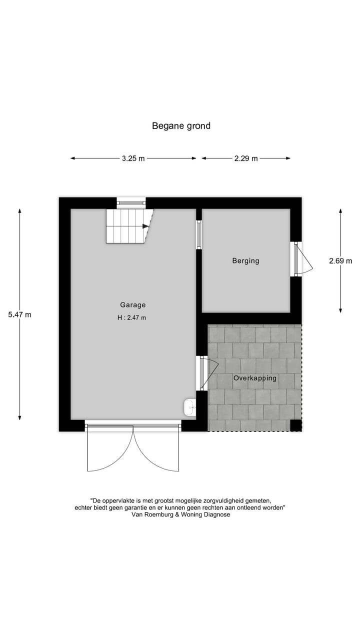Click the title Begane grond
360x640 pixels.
pos(181,126)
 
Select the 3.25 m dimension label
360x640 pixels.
pos(133,158)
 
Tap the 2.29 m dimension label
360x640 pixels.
pos(246,158)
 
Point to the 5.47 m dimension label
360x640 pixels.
pos(19,314)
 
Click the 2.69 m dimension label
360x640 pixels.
pos(340,260)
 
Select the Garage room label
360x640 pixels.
pos(132,304)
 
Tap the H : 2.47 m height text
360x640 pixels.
pos(132,317)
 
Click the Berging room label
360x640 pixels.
pos(245,260)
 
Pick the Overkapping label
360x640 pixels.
pos(254,378)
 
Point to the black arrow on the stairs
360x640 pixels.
pos(145,226)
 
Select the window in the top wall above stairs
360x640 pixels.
pos(131,202)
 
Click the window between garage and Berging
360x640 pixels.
pos(198,234)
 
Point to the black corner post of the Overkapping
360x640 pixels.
pos(296,425)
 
